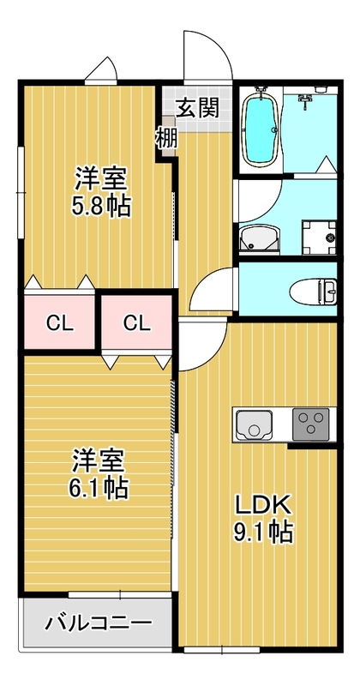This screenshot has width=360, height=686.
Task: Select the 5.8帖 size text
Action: coord(101,207)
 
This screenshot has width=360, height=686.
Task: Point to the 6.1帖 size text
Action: coord(99,488)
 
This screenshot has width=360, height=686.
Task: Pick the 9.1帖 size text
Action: coord(263,533)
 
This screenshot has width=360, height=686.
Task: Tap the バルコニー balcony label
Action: coord(99,622)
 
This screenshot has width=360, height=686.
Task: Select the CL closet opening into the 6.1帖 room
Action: coord(135,323)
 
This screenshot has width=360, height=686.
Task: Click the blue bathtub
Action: coord(260,129)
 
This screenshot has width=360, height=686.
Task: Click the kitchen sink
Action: coord(255,424)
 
